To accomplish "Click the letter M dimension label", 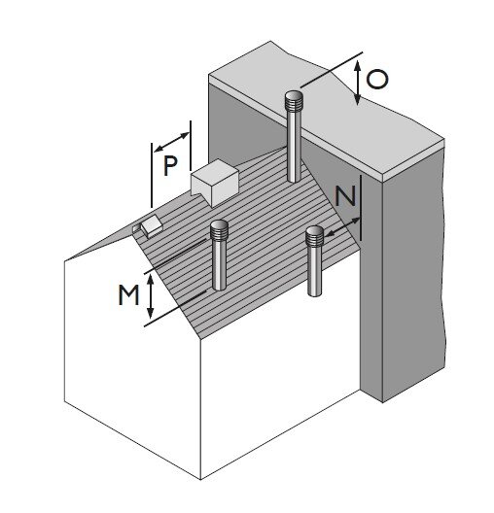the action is click(128, 294).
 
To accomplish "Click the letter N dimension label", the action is click(345, 196).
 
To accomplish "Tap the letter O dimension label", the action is click(377, 79).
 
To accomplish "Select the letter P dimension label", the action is click(170, 165).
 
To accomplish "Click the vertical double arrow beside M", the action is click(151, 296).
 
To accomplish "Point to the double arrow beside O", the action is click(358, 83).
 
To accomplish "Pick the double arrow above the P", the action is click(171, 142).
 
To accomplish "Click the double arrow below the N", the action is click(342, 226).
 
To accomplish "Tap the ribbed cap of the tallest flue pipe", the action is click(293, 101).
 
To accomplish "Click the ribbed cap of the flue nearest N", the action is click(314, 236).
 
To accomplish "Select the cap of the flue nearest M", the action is click(219, 230).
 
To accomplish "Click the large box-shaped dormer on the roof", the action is click(215, 183).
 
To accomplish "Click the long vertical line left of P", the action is click(152, 175).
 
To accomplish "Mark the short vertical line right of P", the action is click(191, 146).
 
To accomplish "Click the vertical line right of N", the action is click(361, 208).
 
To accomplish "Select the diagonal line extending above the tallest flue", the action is click(332, 70).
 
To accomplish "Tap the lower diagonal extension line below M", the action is click(175, 309).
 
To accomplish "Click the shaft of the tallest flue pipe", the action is click(294, 147).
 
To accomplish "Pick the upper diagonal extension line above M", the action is click(175, 256).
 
